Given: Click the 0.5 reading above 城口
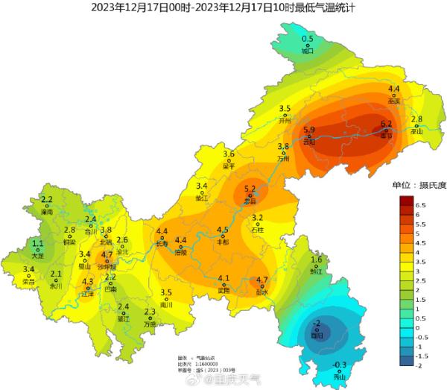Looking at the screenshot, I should point(308,39).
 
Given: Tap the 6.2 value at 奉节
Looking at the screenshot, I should point(386,124).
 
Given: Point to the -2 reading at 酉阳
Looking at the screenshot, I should point(316,323).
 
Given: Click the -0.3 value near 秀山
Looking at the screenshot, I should point(340,365).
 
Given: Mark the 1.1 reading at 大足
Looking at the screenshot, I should point(38,244).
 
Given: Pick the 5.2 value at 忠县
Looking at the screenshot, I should point(250,189).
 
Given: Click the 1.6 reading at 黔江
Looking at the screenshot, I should point(317,260).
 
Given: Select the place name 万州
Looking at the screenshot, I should point(283,159).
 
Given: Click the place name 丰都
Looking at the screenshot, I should point(223,242).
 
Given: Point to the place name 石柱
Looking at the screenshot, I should point(258,230).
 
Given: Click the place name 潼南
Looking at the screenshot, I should point(47,213).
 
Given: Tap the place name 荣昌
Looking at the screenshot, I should point(29,282).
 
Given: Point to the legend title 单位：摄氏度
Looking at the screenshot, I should point(419,185).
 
